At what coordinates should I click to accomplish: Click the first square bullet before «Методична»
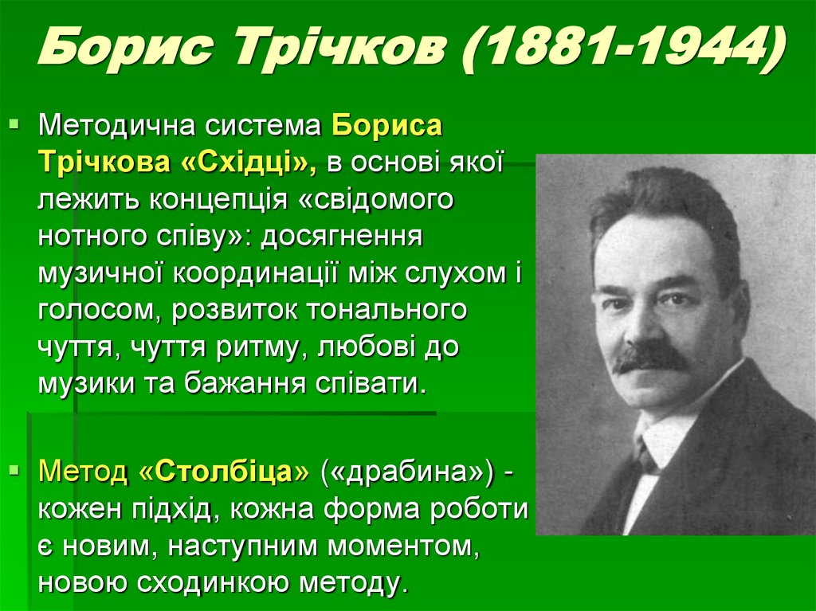pos(14,124)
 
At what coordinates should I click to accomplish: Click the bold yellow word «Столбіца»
pos(233,472)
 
